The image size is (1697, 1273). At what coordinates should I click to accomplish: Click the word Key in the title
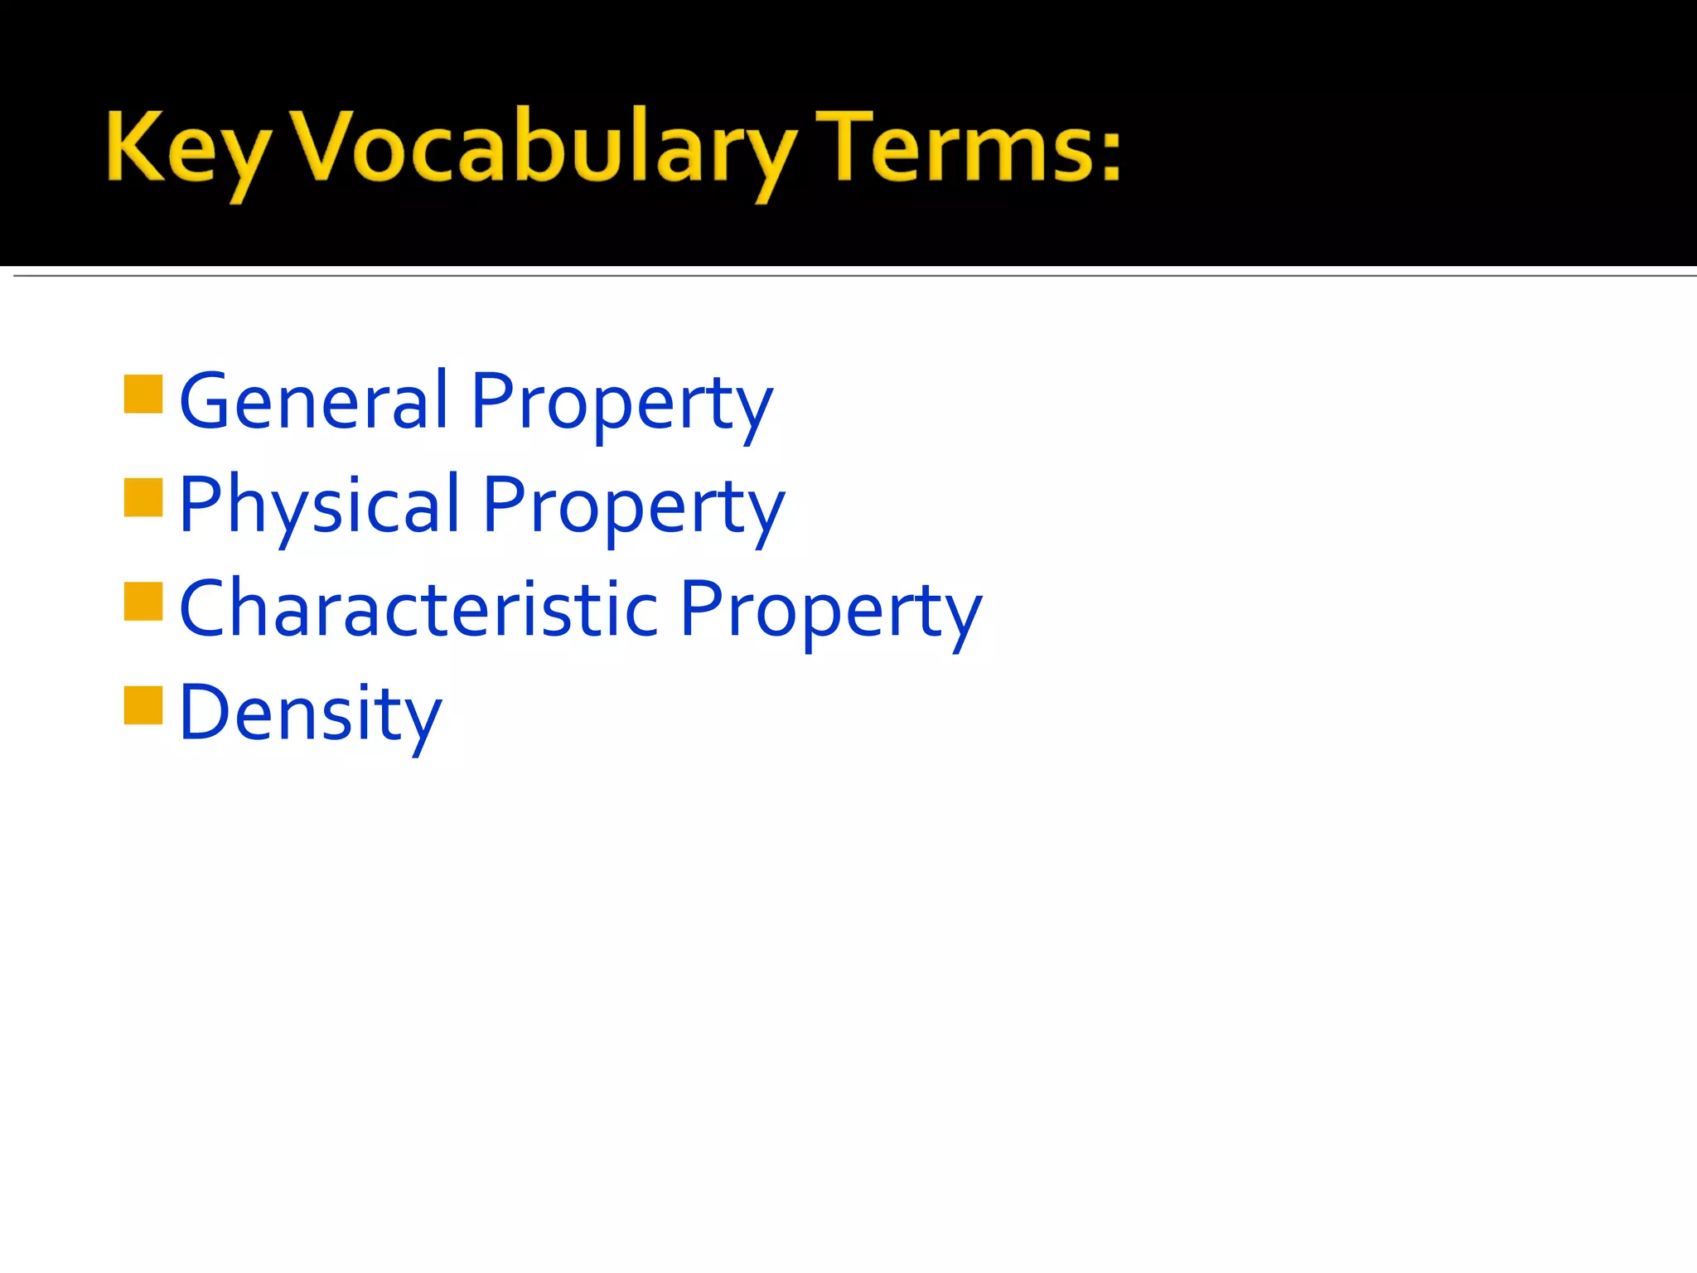[x=187, y=149]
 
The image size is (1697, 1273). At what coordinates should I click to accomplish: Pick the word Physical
[x=319, y=505]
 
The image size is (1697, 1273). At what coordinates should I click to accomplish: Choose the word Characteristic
[x=418, y=609]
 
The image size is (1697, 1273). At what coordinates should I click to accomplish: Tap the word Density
[x=310, y=713]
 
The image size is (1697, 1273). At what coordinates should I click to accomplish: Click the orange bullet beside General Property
[x=143, y=394]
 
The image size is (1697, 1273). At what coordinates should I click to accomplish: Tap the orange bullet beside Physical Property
[x=143, y=498]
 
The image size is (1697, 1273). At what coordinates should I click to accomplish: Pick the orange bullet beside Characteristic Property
[x=143, y=602]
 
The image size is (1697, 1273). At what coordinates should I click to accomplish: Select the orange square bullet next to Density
[x=143, y=705]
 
